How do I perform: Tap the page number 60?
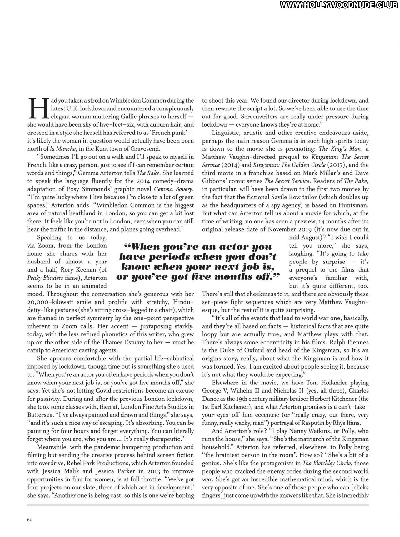(30, 520)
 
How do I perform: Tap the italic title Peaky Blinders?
(45, 278)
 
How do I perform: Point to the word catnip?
(35, 350)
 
